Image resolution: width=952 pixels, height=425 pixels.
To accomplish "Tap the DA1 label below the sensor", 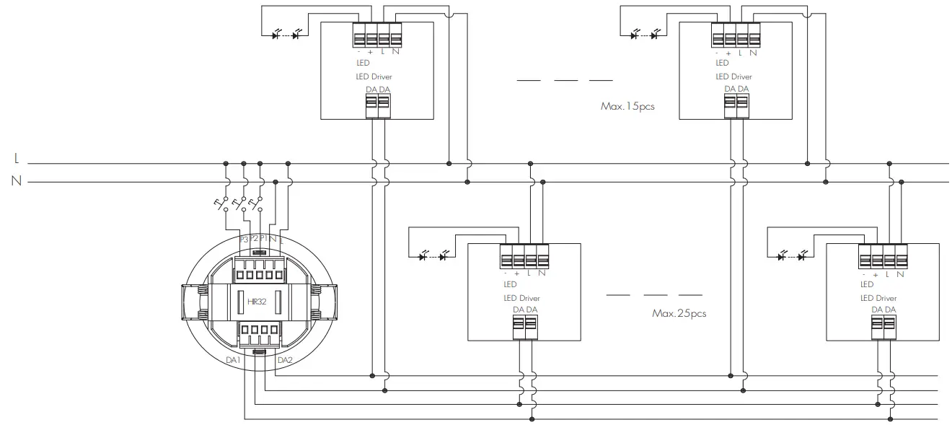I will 232,360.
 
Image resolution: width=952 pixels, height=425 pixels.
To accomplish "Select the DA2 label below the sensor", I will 285,360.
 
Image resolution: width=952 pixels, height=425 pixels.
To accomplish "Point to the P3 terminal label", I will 244,239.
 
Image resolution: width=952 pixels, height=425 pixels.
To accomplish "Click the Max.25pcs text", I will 679,314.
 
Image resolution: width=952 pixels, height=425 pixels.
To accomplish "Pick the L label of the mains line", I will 17,159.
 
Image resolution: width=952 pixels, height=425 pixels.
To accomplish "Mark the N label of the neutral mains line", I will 16,181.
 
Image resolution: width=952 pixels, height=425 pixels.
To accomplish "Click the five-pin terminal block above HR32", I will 258,273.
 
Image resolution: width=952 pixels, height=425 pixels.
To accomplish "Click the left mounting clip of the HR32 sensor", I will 193,301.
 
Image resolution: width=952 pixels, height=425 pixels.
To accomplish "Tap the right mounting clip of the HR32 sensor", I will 323,301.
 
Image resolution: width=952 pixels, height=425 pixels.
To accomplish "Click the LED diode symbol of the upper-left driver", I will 286,35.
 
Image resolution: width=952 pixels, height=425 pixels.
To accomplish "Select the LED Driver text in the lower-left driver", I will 521,298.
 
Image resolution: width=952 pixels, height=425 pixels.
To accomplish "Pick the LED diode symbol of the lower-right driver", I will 792,255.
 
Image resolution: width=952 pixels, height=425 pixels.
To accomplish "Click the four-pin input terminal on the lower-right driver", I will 883,257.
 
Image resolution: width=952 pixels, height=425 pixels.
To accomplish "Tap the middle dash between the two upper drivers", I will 566,79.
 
